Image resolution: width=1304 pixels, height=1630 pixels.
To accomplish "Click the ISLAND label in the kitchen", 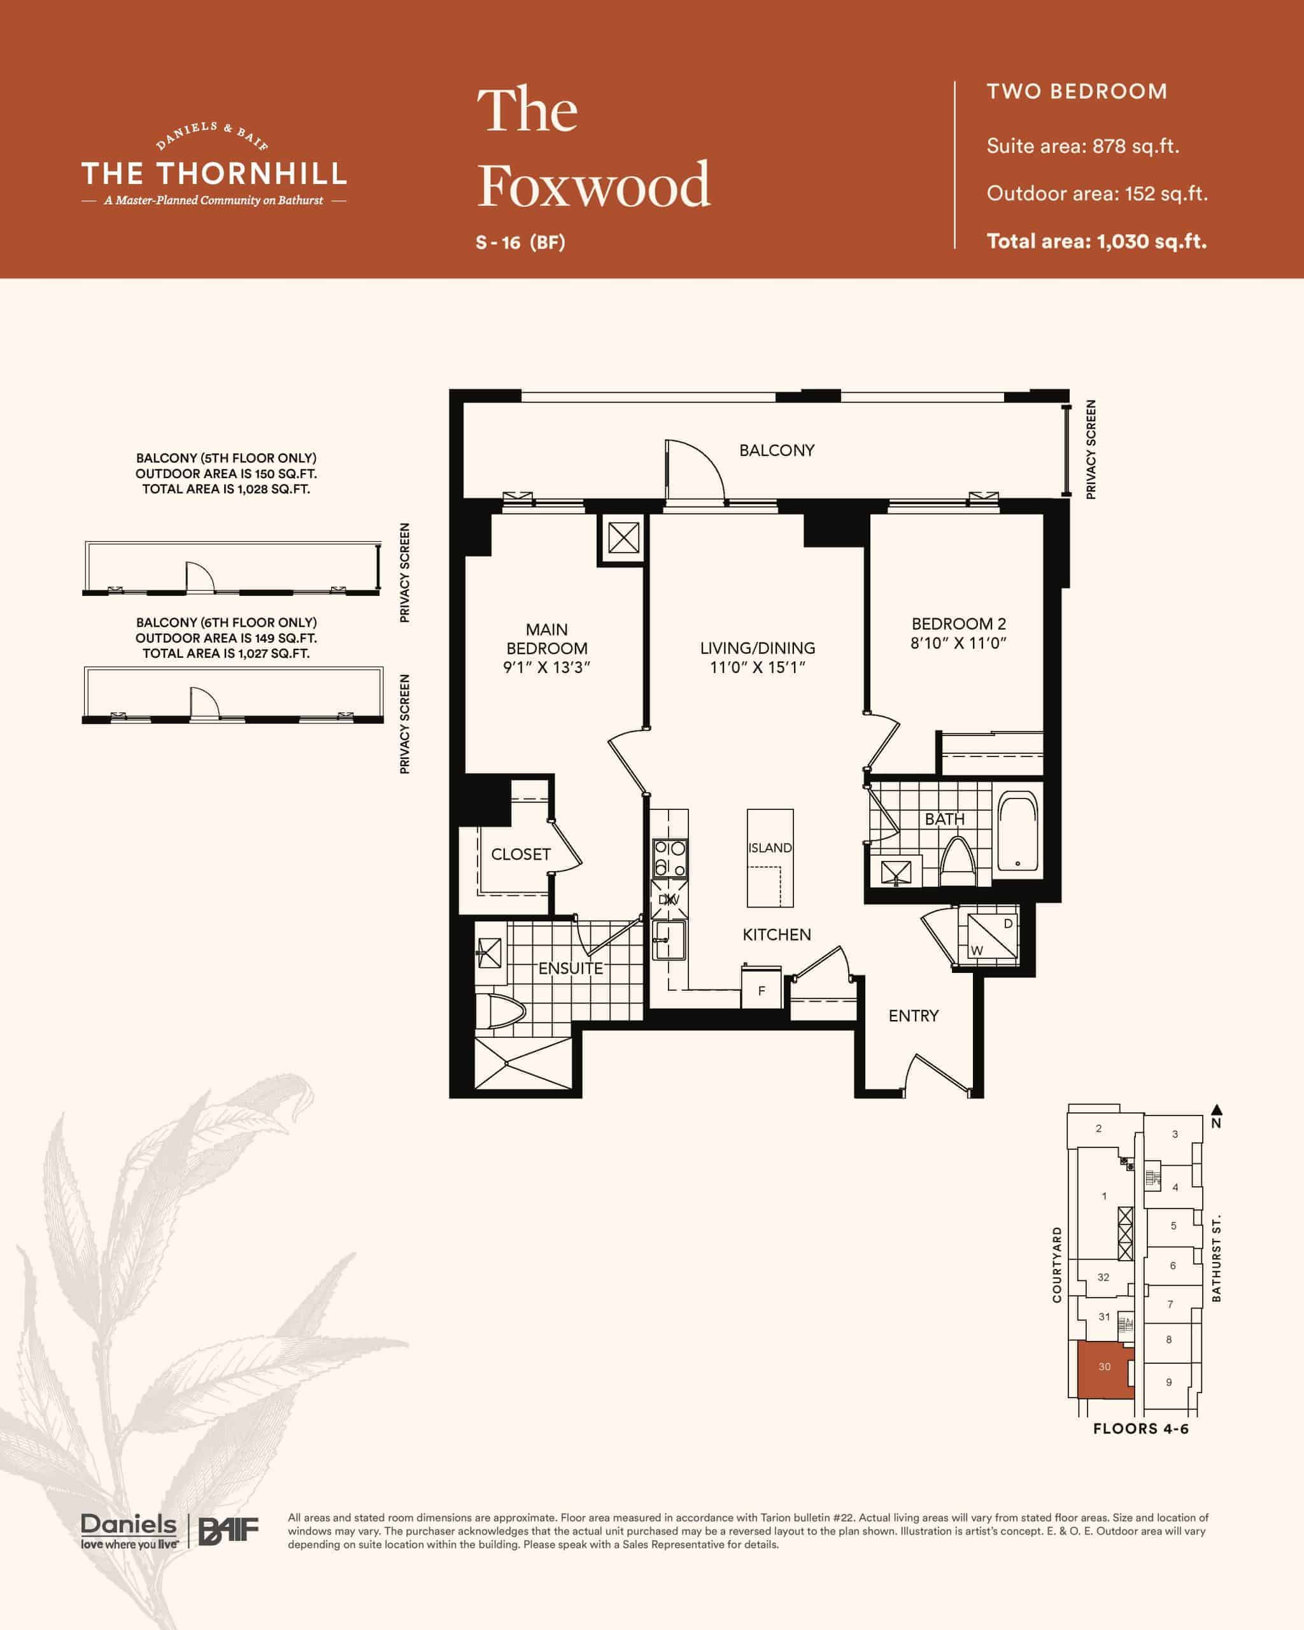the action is tap(770, 847).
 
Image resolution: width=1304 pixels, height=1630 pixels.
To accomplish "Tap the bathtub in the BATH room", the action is tap(1017, 831).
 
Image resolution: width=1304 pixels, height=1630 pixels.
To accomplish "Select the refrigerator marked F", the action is tap(762, 987).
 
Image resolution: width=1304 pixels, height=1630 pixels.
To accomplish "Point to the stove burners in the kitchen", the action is tap(670, 858).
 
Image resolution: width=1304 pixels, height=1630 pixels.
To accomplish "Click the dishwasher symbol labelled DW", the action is tap(670, 898).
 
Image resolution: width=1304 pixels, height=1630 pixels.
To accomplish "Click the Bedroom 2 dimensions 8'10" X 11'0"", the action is tap(958, 643).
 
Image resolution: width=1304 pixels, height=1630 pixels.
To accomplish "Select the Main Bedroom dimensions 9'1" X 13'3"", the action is tap(546, 667).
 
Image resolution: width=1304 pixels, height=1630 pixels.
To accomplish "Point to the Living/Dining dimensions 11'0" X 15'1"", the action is tap(758, 667).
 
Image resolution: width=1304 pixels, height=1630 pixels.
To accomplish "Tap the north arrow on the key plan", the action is tap(1216, 1110).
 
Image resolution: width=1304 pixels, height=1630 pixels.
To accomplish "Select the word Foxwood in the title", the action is tap(594, 185).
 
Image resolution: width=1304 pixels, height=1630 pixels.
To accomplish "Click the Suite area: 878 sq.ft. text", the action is tap(1082, 146).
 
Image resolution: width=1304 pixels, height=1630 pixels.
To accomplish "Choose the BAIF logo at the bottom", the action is tap(229, 1531).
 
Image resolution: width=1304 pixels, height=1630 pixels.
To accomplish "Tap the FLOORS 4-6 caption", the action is tap(1141, 1429).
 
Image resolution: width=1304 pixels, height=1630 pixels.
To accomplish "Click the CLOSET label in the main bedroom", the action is tap(521, 854).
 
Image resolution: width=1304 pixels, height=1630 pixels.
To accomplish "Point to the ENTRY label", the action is tap(913, 1016).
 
